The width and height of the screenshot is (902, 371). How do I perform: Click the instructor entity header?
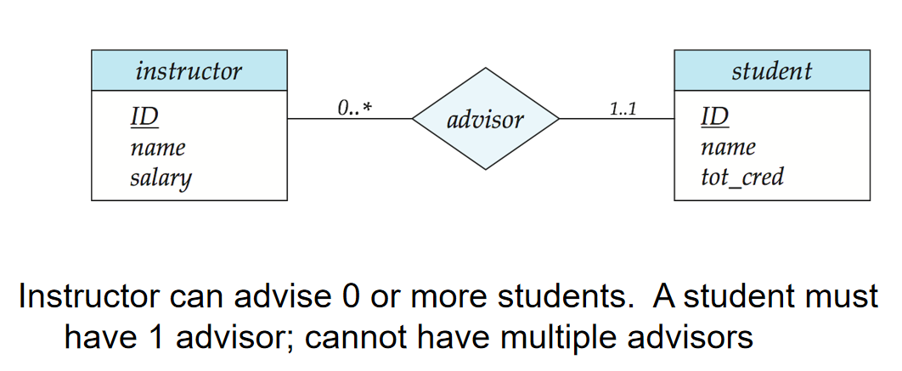pos(189,70)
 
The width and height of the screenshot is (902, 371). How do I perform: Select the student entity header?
pos(772,70)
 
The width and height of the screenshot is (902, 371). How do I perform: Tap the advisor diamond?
pos(486,119)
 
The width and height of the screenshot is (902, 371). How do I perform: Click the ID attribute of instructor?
pos(144,117)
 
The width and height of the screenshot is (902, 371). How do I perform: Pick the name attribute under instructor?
pos(158,148)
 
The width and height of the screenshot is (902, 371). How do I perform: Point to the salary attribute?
pos(161,178)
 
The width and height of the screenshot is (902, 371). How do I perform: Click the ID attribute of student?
pos(715,117)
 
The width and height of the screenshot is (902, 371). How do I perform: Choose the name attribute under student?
pos(728,148)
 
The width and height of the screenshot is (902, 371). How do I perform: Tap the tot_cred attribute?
pos(742,177)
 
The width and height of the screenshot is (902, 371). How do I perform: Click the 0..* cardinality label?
pos(354,108)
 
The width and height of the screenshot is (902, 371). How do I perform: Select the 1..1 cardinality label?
pos(623,108)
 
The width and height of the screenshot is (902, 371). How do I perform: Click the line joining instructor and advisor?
pos(350,119)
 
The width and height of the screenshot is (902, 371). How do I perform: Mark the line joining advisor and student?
pos(617,119)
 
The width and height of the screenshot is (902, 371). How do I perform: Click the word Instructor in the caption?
pos(88,297)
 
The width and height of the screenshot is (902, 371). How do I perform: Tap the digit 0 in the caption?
pos(342,297)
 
